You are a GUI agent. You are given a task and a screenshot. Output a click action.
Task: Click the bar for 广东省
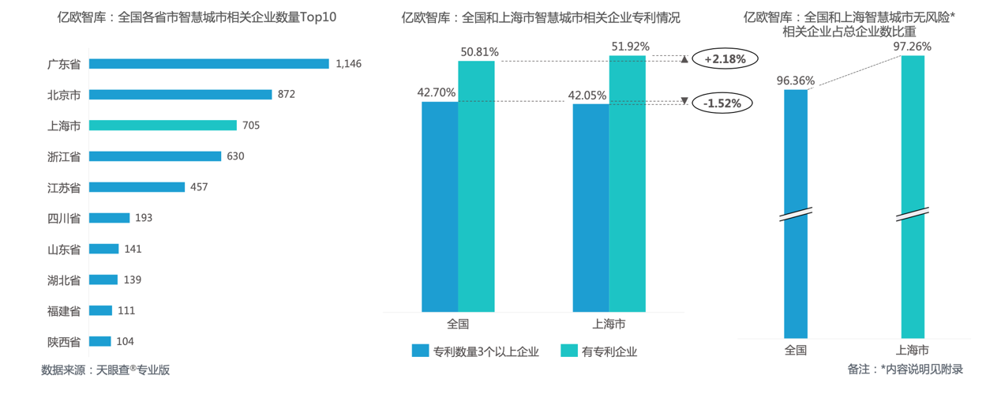pos(208,64)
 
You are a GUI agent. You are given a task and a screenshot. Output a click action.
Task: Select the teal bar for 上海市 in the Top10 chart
pos(163,126)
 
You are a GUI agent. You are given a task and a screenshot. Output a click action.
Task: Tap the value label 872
pos(286,95)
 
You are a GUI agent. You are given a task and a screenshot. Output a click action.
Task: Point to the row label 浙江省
pos(64,156)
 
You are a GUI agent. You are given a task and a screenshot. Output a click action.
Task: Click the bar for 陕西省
pos(99,341)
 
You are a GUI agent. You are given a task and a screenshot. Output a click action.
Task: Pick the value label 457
pos(199,187)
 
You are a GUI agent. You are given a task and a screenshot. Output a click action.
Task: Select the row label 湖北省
pos(64,280)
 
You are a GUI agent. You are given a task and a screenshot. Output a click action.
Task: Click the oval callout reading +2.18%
pos(724,58)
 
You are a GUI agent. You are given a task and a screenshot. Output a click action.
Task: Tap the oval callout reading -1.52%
pos(724,103)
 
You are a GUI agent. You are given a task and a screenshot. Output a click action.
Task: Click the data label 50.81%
pos(479,52)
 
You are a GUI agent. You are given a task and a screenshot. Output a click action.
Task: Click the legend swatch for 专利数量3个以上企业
pos(420,351)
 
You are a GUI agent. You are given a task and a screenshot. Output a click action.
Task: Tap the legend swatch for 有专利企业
pos(568,351)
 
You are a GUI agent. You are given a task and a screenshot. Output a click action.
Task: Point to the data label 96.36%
pos(795,81)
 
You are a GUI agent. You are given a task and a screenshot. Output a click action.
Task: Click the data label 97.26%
pos(912,47)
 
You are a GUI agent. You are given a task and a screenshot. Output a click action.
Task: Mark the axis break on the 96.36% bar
pos(796,215)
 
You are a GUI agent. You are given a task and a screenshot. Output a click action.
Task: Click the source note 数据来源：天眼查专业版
pos(106,369)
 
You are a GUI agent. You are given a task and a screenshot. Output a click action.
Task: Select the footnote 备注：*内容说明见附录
pos(905,369)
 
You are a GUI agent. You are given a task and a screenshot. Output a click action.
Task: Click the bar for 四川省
pos(109,218)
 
